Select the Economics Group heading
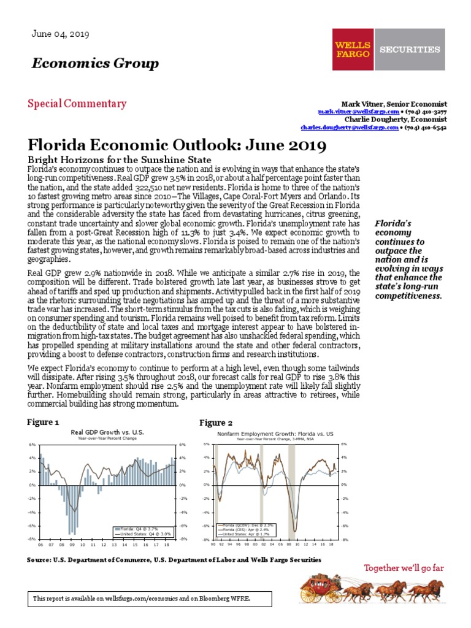click(95, 64)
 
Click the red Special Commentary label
click(77, 104)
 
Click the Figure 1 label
click(44, 423)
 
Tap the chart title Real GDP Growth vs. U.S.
click(107, 432)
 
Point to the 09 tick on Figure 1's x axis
click(72, 544)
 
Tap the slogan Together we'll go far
click(404, 568)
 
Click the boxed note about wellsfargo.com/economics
click(142, 597)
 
